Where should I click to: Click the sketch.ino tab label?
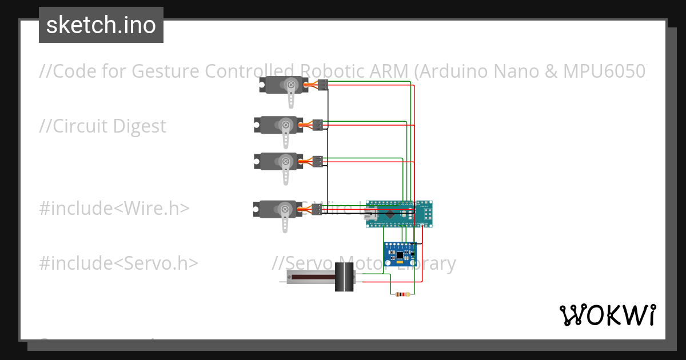(101, 25)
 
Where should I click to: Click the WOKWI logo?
(607, 315)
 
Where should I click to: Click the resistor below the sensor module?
(403, 295)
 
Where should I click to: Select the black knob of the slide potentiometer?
(344, 278)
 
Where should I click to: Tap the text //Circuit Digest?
(103, 126)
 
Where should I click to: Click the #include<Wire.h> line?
(114, 209)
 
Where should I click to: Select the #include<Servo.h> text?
(118, 263)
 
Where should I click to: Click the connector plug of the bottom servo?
(317, 209)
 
